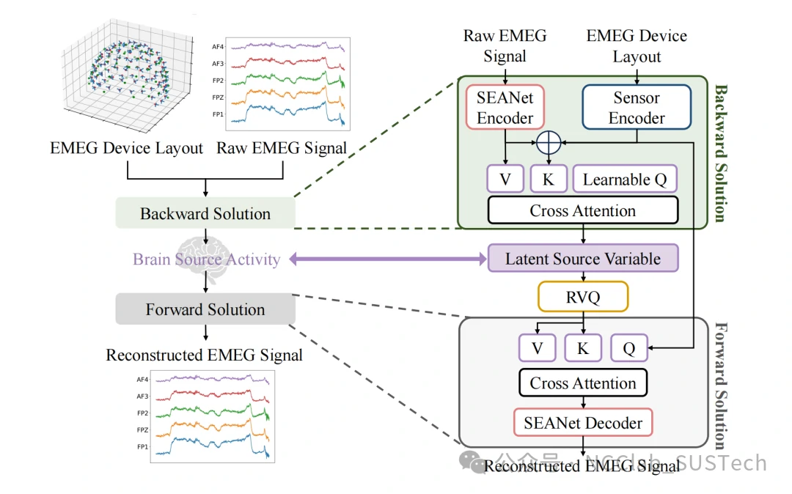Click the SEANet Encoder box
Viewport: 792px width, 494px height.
tap(505, 108)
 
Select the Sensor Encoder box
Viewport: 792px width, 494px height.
tap(637, 108)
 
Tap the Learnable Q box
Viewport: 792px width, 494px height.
tap(625, 180)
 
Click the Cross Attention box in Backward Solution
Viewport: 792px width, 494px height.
tap(583, 211)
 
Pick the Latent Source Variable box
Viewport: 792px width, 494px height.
tap(583, 259)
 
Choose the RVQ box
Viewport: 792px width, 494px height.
tap(583, 296)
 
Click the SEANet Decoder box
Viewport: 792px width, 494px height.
tap(583, 423)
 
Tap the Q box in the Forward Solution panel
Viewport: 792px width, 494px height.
tap(628, 349)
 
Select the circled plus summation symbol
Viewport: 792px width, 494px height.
tap(548, 142)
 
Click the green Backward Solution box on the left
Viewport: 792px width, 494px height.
tap(205, 214)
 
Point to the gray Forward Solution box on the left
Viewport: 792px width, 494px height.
tap(205, 309)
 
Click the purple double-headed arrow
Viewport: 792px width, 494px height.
tap(388, 259)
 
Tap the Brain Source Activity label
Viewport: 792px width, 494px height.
tap(206, 259)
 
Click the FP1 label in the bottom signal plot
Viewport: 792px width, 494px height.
tap(142, 446)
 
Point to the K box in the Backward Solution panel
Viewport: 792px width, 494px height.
tap(548, 180)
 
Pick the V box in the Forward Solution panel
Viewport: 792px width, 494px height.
tap(538, 349)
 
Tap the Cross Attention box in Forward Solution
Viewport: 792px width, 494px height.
tap(583, 383)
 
